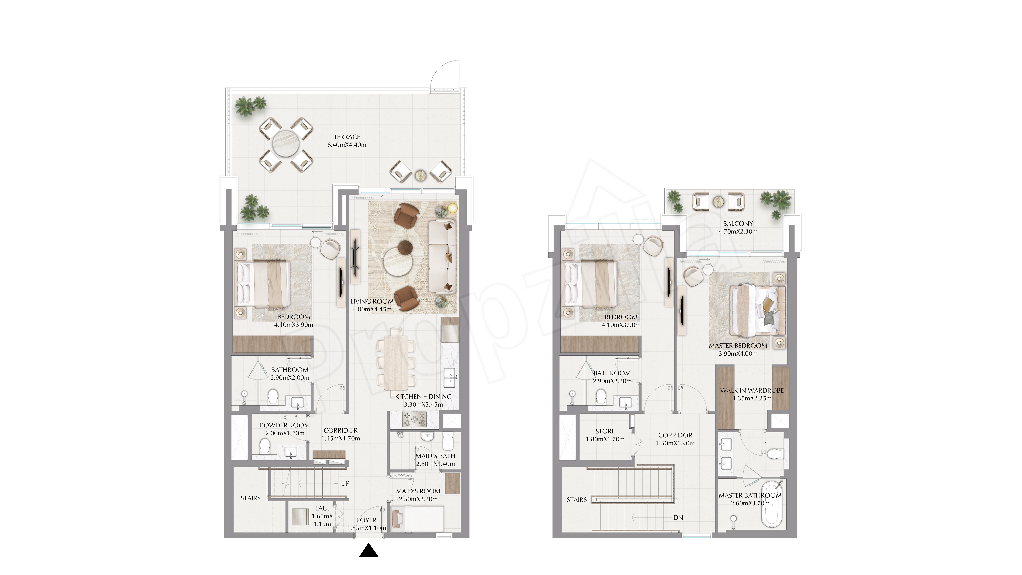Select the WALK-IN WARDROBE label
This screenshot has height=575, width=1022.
[752, 390]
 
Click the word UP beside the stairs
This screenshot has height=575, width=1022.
[345, 483]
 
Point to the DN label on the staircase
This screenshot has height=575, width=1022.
[678, 517]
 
